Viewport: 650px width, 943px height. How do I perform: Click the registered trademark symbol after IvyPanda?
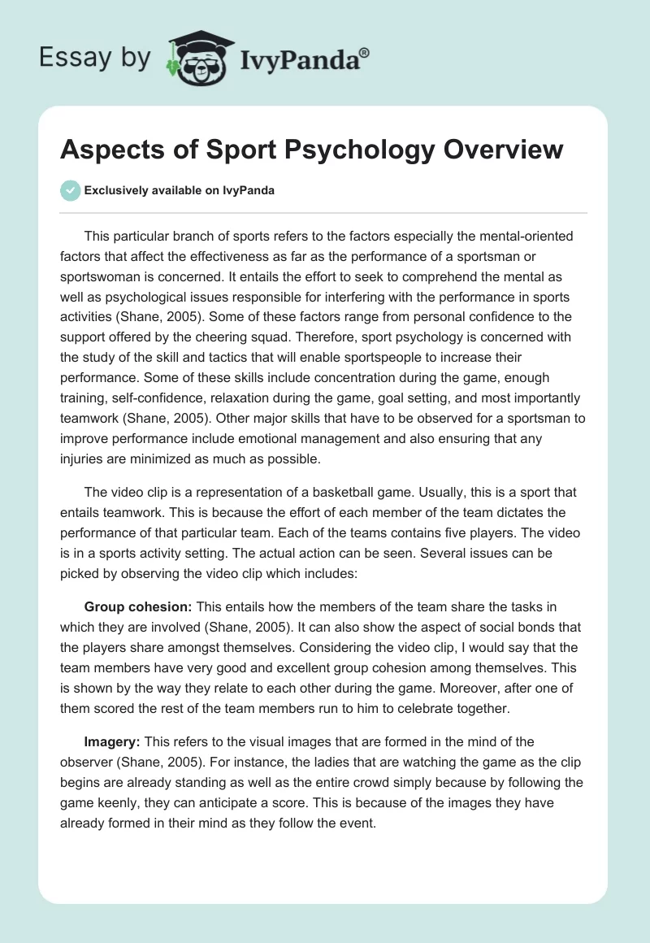point(365,53)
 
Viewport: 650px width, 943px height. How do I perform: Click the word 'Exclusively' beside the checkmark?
point(115,192)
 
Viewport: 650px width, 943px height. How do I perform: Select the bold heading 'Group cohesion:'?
point(135,606)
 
